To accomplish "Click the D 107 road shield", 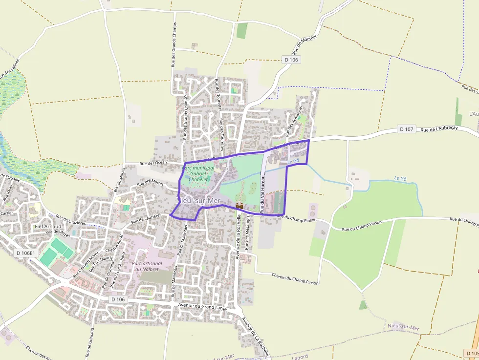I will tap(407, 129).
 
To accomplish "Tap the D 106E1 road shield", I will tap(25, 253).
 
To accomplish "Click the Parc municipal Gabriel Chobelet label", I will tap(198, 173).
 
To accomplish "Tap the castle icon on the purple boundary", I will tap(240, 207).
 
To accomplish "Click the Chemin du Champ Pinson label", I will tap(295, 279).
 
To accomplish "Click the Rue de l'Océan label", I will tap(153, 163).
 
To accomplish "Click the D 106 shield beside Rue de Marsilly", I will tap(291, 60).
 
